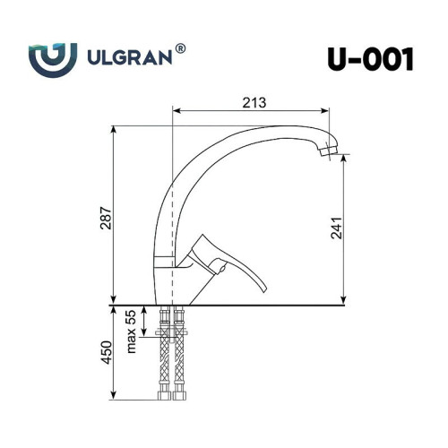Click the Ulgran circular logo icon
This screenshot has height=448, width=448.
(x=53, y=60)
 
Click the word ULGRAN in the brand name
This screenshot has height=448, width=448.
(x=130, y=57)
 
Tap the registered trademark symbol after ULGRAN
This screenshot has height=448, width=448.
(x=180, y=48)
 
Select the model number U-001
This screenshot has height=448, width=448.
(x=370, y=59)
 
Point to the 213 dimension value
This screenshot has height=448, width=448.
(x=254, y=103)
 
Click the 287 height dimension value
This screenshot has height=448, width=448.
(x=106, y=218)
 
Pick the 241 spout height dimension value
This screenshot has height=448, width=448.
(x=337, y=228)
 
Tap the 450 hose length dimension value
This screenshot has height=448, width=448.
(x=107, y=352)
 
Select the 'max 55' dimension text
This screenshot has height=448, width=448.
(x=131, y=332)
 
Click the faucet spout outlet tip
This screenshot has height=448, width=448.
(x=329, y=151)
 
